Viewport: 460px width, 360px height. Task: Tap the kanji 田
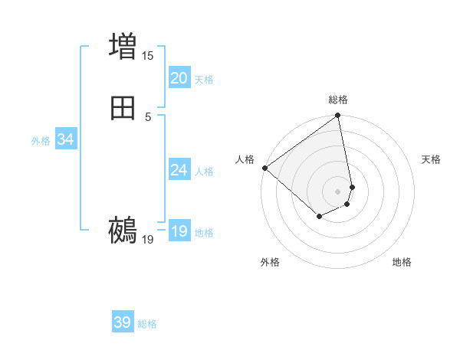tap(123, 108)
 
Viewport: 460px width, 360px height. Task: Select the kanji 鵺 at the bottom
tap(123, 230)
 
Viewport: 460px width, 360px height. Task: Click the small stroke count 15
tap(147, 56)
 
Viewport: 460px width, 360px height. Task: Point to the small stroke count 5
tap(148, 116)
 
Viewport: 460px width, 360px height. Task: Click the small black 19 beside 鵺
tap(148, 240)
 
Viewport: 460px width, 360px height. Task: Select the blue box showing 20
tap(179, 78)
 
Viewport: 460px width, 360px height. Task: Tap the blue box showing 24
tap(179, 170)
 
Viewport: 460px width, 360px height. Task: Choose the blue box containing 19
tap(179, 231)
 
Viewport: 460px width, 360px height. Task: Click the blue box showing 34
tap(65, 139)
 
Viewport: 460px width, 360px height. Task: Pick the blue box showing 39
tap(123, 322)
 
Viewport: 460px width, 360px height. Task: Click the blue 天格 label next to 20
tap(204, 80)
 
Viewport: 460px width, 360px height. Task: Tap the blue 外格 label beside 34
tap(41, 141)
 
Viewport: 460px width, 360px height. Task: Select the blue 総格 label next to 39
tap(148, 324)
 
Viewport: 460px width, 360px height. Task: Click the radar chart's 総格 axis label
tap(338, 100)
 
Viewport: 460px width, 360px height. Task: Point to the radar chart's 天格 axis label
tap(432, 159)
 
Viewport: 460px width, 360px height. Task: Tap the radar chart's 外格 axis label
tap(270, 262)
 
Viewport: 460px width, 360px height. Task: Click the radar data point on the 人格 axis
tap(264, 168)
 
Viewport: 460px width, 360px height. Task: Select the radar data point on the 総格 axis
tap(338, 116)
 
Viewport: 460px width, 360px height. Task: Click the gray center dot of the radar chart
tap(338, 191)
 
